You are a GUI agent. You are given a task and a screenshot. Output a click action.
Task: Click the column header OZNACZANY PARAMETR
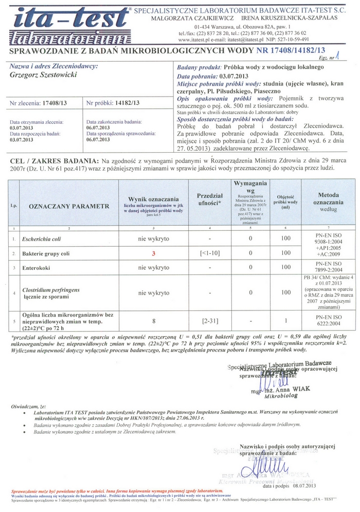[x=69, y=206]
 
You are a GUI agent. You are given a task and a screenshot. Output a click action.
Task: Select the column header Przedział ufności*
[x=209, y=199]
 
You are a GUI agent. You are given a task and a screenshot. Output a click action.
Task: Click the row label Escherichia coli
[x=41, y=239]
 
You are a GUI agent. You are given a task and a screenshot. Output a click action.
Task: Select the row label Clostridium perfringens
[x=50, y=290]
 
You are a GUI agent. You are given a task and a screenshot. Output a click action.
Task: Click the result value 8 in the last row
[x=153, y=321]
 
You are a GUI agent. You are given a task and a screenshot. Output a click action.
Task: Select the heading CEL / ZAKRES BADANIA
[x=54, y=160]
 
